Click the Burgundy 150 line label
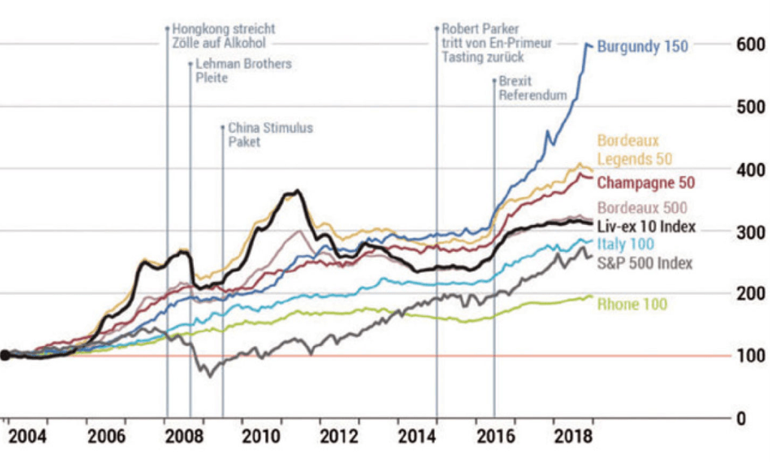tap(642, 47)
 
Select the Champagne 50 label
tap(645, 182)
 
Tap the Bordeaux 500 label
tap(642, 208)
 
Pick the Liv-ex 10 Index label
tap(646, 226)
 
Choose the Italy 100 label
tap(626, 244)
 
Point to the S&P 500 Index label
tap(644, 263)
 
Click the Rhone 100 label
tap(632, 304)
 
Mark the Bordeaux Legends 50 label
tap(635, 150)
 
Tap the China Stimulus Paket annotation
tap(270, 135)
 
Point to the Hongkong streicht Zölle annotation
tap(223, 35)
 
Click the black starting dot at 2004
tap(5, 355)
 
